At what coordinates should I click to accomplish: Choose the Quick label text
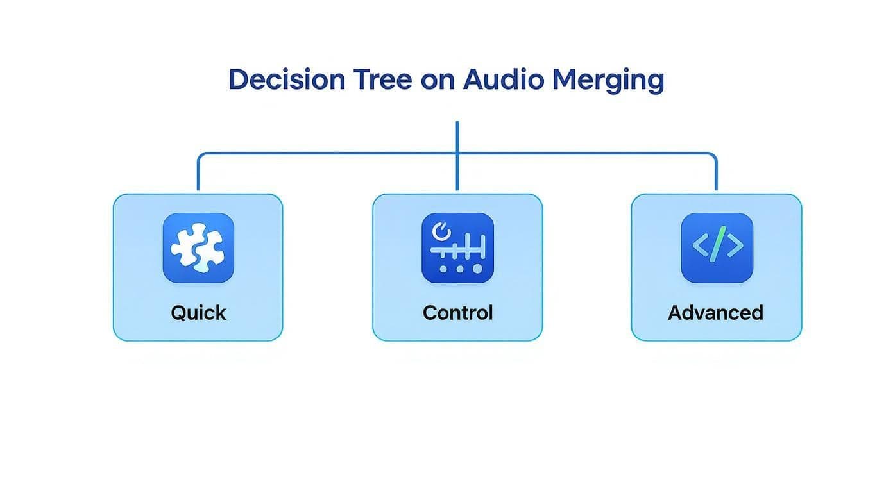pos(198,313)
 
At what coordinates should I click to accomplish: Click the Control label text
pos(457,313)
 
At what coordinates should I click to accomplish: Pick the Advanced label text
pos(715,313)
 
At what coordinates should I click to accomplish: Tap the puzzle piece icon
pos(198,248)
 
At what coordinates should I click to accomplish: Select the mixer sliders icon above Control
pos(457,248)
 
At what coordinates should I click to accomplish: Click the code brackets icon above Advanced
pos(717,248)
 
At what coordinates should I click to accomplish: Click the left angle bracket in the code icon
pos(701,245)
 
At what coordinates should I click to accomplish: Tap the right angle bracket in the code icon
pos(734,245)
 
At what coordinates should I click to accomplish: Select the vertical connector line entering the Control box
pos(457,173)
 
